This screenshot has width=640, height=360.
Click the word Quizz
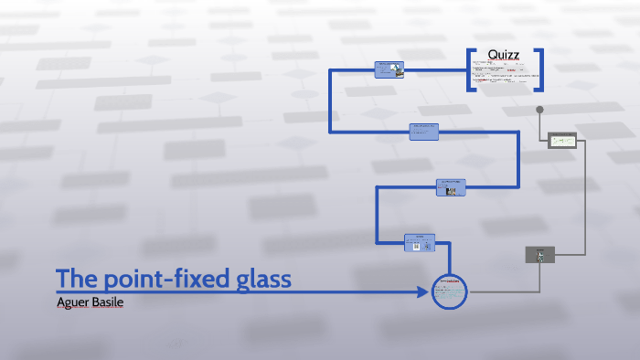504,55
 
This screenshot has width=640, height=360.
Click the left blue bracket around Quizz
470,69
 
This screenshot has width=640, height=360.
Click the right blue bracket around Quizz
540,69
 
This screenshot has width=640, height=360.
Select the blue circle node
449,291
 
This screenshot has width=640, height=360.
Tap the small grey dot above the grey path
540,110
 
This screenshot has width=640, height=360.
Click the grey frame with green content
561,141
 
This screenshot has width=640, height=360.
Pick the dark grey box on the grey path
540,255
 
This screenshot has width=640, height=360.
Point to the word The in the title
76,279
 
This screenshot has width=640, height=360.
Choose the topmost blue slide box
389,69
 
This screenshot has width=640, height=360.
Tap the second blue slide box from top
424,132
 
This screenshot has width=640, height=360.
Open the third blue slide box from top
452,186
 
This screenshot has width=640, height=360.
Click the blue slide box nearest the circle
420,242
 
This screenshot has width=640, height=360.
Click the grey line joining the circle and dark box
498,292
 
